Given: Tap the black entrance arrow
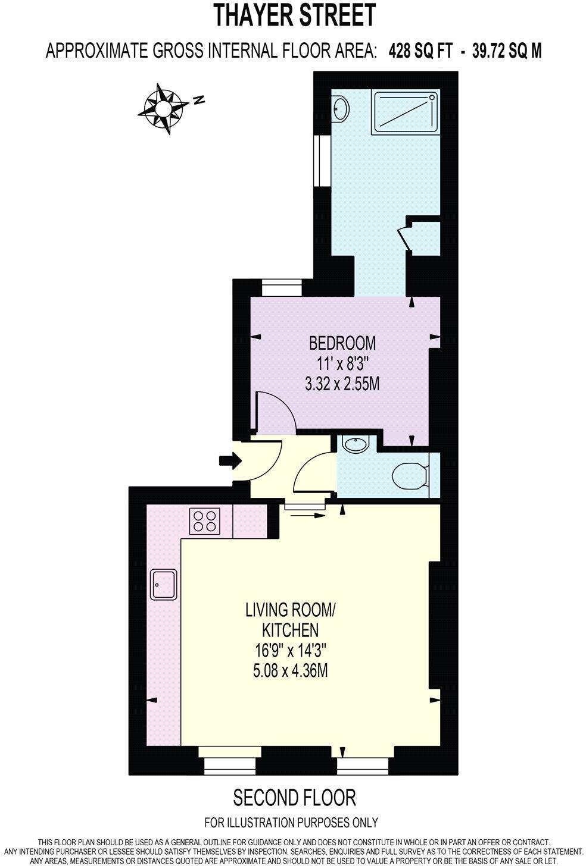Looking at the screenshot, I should [230, 460].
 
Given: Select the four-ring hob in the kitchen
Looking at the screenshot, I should [205, 521].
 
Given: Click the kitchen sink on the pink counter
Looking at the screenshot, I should [163, 584].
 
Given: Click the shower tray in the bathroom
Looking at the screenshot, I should [405, 111].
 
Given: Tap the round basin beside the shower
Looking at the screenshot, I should [341, 109].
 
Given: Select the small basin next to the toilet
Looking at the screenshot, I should [356, 444].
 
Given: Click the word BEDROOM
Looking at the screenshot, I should [342, 343].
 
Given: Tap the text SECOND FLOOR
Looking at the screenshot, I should [294, 797].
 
